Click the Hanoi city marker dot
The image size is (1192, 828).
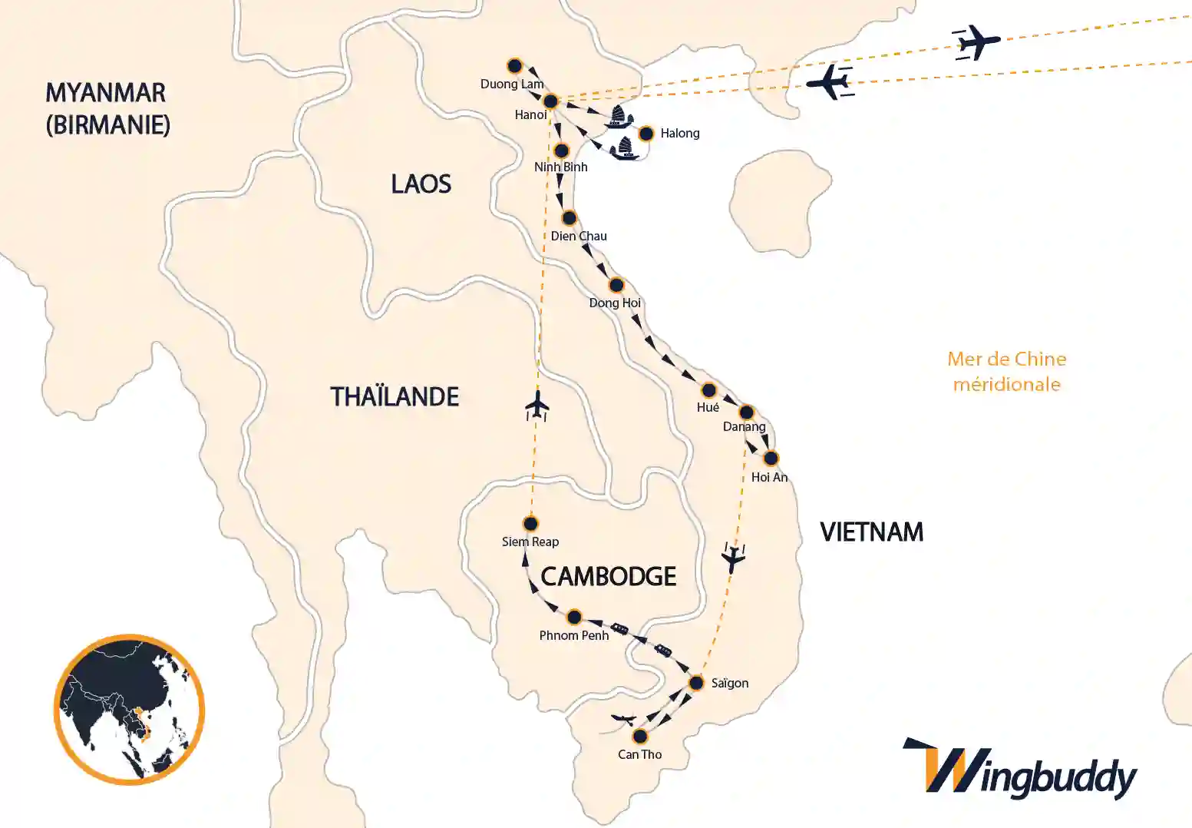click(550, 101)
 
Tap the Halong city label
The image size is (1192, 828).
click(679, 133)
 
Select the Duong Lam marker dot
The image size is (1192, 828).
click(514, 66)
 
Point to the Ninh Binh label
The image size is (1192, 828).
click(560, 167)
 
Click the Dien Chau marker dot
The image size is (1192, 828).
click(569, 218)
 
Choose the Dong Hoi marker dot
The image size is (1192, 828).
click(616, 286)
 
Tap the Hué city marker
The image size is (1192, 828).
click(708, 390)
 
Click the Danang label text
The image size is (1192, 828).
click(744, 426)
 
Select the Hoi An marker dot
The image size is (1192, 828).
click(771, 459)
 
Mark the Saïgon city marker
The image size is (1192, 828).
click(696, 683)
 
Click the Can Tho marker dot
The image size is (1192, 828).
click(640, 737)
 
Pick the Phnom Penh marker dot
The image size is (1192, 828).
click(573, 617)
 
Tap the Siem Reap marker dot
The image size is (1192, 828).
click(530, 524)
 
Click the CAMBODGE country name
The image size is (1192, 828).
click(608, 576)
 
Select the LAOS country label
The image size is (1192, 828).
click(421, 184)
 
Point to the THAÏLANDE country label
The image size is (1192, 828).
click(395, 396)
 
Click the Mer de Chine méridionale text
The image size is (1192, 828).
click(1006, 371)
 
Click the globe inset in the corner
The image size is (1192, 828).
click(129, 709)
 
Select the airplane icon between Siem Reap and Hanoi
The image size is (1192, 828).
click(538, 406)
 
